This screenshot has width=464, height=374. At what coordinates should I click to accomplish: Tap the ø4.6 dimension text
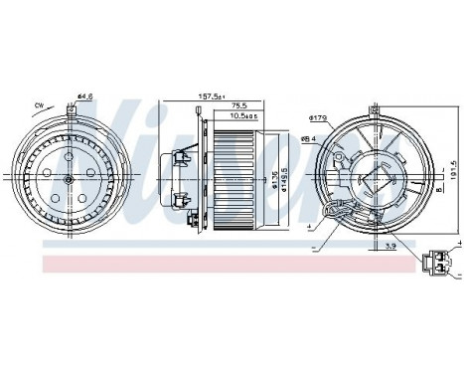tap(84, 96)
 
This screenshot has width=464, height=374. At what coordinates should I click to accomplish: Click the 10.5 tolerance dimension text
tap(243, 117)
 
